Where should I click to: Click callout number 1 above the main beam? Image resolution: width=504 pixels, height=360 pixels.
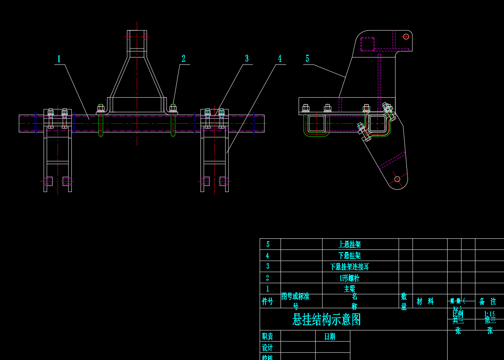tap(59, 59)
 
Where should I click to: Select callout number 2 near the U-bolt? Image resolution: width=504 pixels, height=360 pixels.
tap(183, 58)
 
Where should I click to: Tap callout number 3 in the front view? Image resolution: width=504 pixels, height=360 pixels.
tap(247, 58)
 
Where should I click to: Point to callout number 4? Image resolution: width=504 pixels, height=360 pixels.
tap(280, 58)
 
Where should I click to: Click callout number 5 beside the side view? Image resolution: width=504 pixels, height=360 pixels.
tap(307, 58)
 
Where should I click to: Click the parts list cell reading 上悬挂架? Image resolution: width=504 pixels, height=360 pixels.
tap(349, 245)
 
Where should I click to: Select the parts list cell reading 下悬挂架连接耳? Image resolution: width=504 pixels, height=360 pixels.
tap(349, 267)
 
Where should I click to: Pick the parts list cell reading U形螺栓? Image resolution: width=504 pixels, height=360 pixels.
tap(349, 278)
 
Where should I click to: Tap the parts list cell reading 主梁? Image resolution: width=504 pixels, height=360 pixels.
tap(349, 289)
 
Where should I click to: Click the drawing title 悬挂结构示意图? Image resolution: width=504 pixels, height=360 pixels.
tap(327, 319)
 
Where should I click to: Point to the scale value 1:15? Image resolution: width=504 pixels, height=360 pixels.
tap(489, 314)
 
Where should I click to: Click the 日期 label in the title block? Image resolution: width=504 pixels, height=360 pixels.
tap(329, 336)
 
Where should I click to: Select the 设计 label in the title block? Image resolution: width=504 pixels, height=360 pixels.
tap(267, 347)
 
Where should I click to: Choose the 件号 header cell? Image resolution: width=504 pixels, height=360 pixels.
tap(267, 301)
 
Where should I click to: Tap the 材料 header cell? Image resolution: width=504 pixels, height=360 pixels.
tap(425, 301)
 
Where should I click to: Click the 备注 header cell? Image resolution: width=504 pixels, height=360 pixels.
tap(487, 301)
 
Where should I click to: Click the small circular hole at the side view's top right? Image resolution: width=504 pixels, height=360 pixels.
tap(406, 37)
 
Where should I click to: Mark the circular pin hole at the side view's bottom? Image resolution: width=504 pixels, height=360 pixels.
tap(397, 179)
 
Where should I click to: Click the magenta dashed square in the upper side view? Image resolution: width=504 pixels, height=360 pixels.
tap(368, 44)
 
